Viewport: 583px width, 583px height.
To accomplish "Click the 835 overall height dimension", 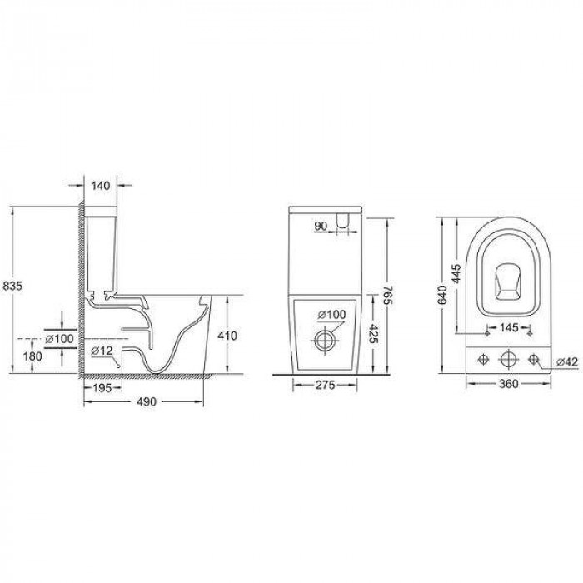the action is (x=12, y=286).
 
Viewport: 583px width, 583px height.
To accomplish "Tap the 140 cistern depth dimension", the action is (x=101, y=186).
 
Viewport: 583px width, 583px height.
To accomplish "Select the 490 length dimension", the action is (x=147, y=402).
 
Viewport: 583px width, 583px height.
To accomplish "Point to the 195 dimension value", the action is (x=102, y=388).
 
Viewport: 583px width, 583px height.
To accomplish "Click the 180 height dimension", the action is (x=32, y=356).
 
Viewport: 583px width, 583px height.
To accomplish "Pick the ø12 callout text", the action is (x=102, y=351).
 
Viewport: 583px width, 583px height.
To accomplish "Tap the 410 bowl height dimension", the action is (x=227, y=336).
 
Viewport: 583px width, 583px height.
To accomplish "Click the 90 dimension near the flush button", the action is (x=321, y=226).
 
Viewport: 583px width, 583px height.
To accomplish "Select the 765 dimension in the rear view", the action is (x=387, y=295).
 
